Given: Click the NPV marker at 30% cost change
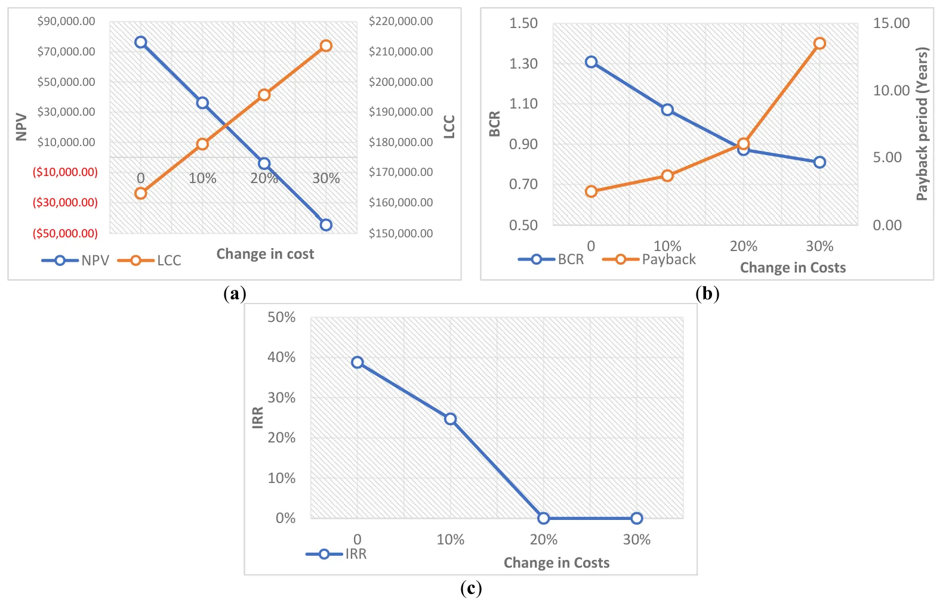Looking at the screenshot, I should pyautogui.click(x=326, y=225).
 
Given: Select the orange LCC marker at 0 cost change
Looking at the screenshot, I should pyautogui.click(x=141, y=193).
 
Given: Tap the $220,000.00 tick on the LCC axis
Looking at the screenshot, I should pyautogui.click(x=400, y=21).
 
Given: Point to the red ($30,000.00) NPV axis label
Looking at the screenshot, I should pyautogui.click(x=65, y=203).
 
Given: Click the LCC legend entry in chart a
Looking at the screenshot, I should pyautogui.click(x=150, y=261).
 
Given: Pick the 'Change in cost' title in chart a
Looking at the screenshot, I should pyautogui.click(x=265, y=254).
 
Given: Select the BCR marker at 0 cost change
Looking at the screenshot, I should pyautogui.click(x=591, y=62).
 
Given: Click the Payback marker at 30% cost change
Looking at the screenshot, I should pyautogui.click(x=819, y=44).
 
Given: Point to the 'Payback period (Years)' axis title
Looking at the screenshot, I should pyautogui.click(x=922, y=124).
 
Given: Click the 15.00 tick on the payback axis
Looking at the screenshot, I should pyautogui.click(x=891, y=23).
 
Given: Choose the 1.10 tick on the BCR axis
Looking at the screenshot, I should pyautogui.click(x=523, y=104).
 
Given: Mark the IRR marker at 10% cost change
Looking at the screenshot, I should pyautogui.click(x=451, y=419).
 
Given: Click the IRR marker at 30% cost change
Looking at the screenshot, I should pyautogui.click(x=637, y=518).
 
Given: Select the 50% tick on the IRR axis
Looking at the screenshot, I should pyautogui.click(x=281, y=317).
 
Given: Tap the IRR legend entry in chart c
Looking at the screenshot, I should pyautogui.click(x=337, y=554).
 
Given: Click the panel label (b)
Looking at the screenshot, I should pyautogui.click(x=707, y=293).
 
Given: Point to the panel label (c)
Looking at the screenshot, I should pyautogui.click(x=471, y=589).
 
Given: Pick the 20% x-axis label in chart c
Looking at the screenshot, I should pyautogui.click(x=544, y=540).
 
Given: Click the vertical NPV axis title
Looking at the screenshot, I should pyautogui.click(x=21, y=127).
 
